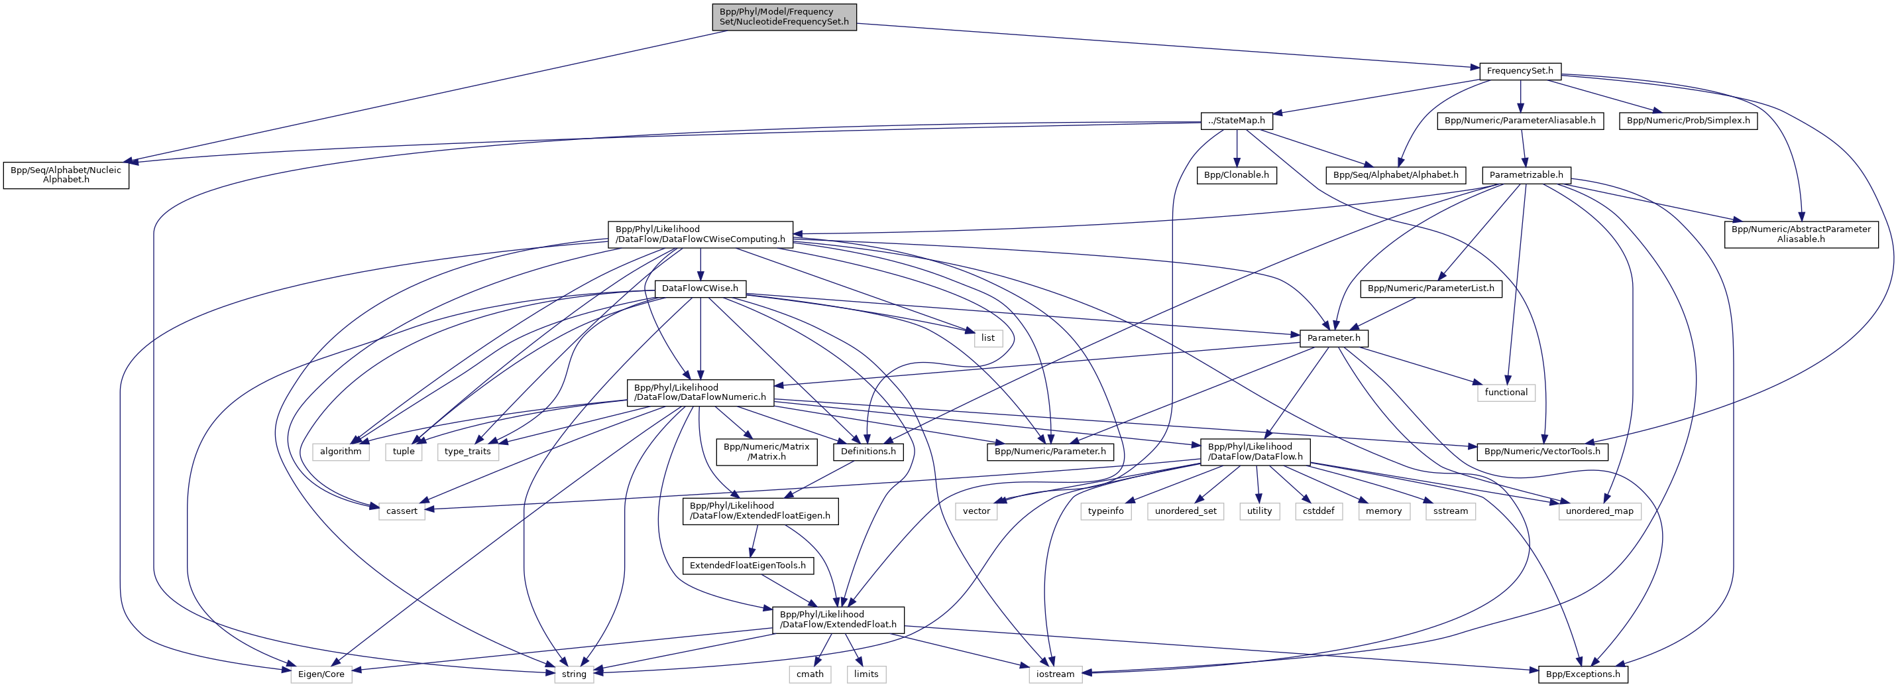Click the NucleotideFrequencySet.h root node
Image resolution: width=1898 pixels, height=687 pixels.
tap(784, 17)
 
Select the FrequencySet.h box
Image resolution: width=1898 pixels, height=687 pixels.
tap(1520, 72)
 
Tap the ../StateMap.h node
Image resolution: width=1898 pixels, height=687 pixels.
tap(1237, 121)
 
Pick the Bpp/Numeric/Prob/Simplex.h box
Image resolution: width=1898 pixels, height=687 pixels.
tap(1688, 121)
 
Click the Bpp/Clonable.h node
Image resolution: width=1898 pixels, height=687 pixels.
tap(1237, 176)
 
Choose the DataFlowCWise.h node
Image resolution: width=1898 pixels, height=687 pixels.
tap(700, 288)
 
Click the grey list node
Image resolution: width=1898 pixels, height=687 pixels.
tap(987, 338)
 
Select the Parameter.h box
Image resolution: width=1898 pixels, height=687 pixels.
tap(1333, 338)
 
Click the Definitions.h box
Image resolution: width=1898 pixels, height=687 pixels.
tap(869, 451)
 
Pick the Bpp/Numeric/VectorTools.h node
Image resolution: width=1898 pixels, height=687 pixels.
tap(1542, 451)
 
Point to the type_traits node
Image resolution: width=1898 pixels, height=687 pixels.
tap(467, 451)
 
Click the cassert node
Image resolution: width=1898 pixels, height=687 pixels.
tap(402, 511)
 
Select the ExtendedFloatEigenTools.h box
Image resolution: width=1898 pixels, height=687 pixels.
tap(747, 566)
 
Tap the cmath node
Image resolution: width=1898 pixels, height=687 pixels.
tap(810, 674)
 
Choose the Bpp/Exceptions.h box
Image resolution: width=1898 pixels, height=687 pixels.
tap(1583, 674)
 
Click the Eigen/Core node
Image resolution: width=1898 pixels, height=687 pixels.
tap(321, 674)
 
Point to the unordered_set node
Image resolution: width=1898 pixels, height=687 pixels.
tap(1185, 511)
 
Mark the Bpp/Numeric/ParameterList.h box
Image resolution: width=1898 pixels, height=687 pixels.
tap(1430, 288)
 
